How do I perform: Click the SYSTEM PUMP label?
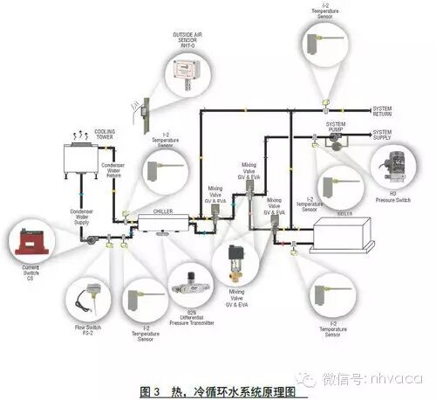click(336, 128)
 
